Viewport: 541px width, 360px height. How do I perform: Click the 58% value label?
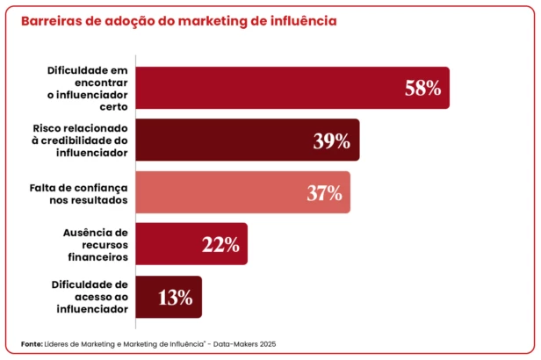pyautogui.click(x=422, y=88)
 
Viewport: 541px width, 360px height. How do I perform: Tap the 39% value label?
pyautogui.click(x=332, y=140)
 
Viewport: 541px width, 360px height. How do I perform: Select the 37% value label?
pyautogui.click(x=324, y=192)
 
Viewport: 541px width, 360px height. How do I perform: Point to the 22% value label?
pyautogui.click(x=220, y=245)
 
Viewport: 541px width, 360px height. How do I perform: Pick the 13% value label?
pyautogui.click(x=176, y=297)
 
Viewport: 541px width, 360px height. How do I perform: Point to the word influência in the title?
pyautogui.click(x=302, y=20)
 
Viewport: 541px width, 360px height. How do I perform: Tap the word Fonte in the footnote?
pyautogui.click(x=30, y=343)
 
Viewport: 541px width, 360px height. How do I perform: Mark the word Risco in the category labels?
pyautogui.click(x=48, y=128)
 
